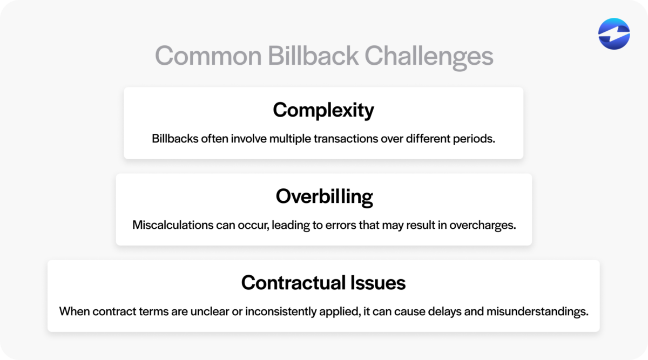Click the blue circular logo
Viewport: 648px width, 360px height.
coord(614,33)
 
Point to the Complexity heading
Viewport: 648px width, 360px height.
coord(323,111)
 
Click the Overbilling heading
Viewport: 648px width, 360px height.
coord(324,197)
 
